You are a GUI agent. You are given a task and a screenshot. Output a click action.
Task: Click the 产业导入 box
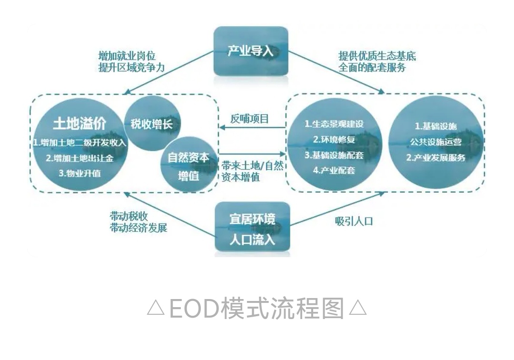click(251, 51)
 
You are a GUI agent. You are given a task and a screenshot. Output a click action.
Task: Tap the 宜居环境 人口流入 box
click(252, 228)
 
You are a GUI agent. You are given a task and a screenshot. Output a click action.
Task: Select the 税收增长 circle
click(148, 125)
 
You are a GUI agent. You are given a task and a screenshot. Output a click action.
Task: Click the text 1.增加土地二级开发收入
click(79, 142)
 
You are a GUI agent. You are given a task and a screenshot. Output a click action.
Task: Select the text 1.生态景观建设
click(334, 124)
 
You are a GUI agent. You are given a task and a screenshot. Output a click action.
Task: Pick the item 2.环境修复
click(334, 140)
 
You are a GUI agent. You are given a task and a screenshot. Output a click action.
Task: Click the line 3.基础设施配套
click(334, 155)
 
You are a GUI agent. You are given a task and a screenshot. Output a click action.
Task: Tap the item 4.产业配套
click(334, 170)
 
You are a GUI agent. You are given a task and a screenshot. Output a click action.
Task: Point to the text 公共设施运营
click(436, 142)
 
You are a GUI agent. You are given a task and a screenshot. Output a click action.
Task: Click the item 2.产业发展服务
click(436, 158)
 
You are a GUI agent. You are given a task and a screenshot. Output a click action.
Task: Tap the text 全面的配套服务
click(372, 68)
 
